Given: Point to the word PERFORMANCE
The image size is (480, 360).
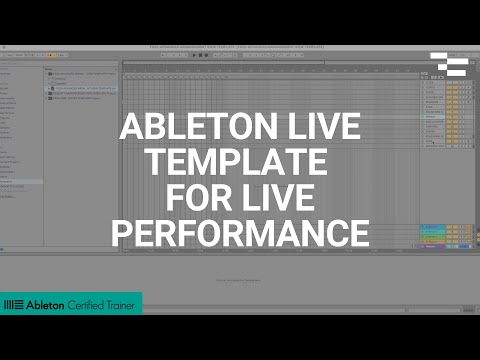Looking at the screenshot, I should click(240, 233).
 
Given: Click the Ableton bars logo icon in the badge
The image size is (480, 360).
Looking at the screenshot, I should click(14, 304).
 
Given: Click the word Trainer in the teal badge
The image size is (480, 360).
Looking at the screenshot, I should click(123, 304).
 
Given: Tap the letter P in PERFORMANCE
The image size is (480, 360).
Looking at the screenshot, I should click(121, 233).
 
